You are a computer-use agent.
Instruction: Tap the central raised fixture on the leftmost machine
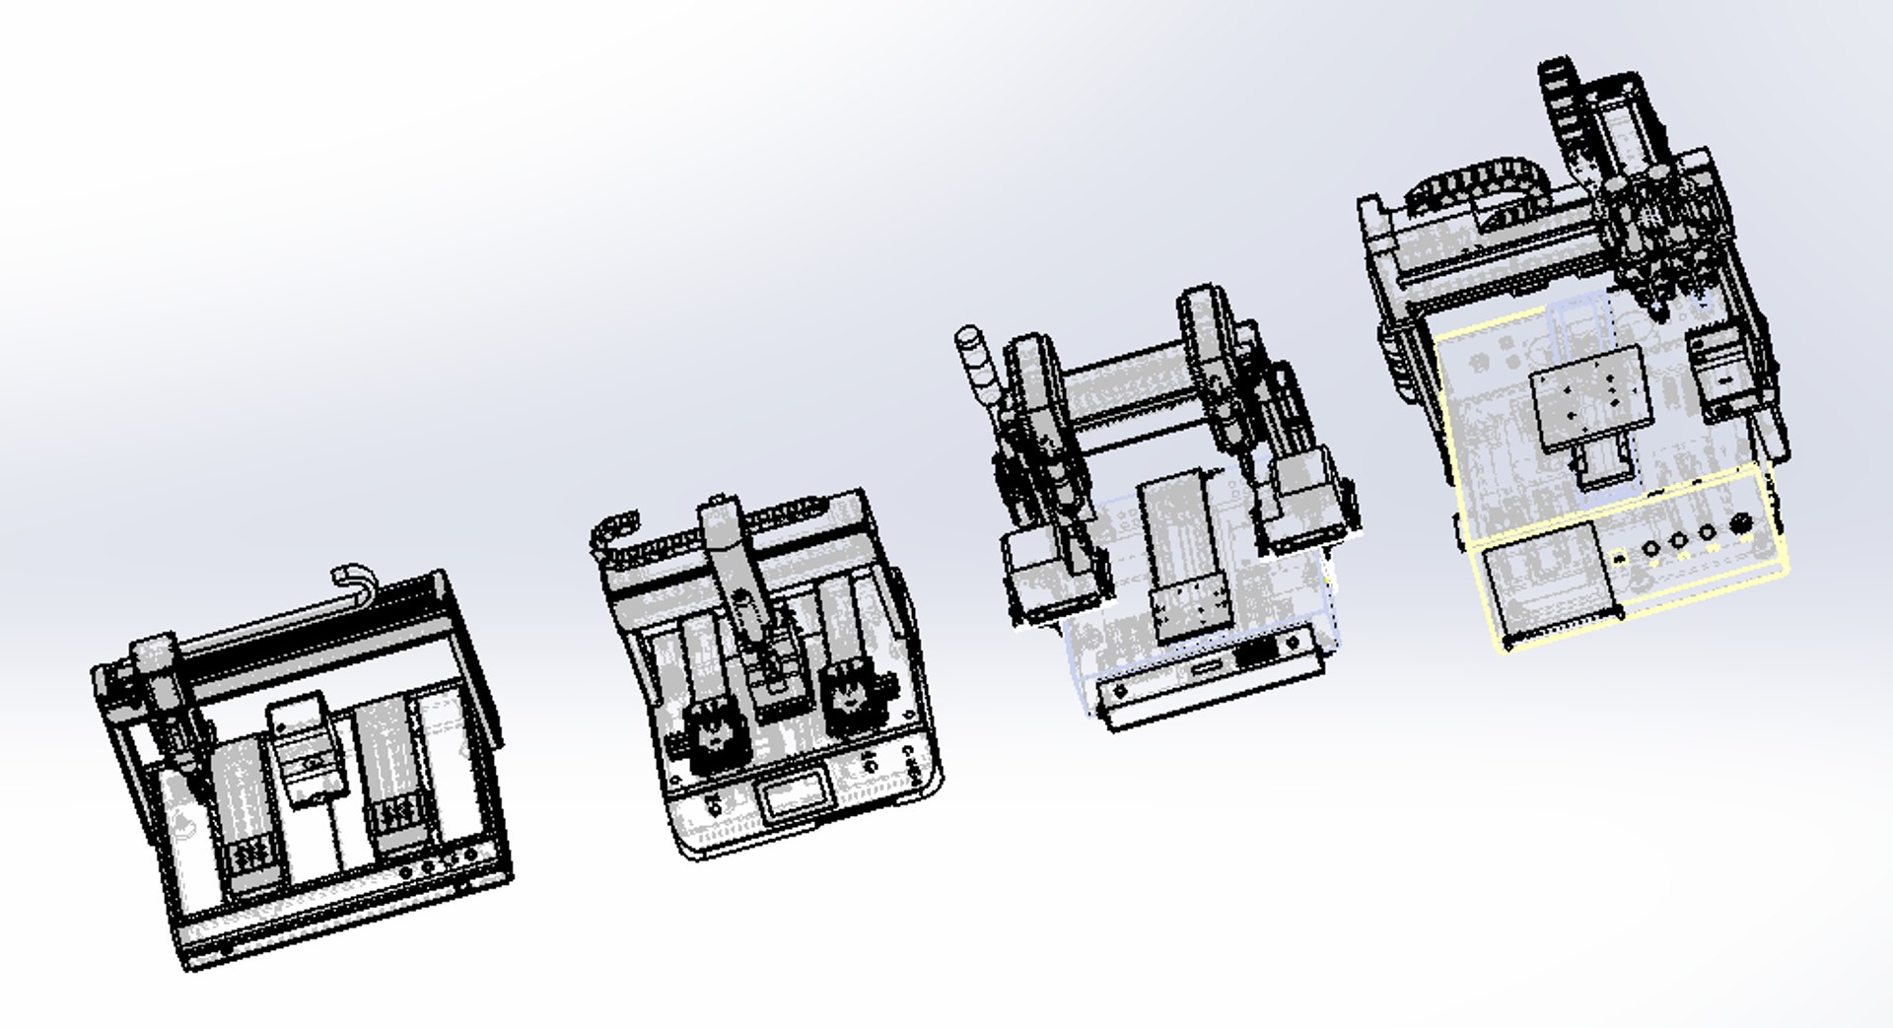coord(300,734)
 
